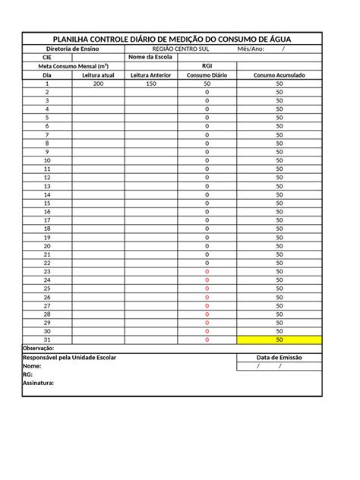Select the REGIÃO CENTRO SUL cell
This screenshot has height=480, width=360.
(181, 49)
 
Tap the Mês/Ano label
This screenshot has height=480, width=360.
(251, 49)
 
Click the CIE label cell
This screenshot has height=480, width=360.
(47, 58)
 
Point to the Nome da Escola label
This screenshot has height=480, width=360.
(150, 58)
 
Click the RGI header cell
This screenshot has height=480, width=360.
(207, 66)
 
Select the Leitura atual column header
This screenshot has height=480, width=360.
(98, 75)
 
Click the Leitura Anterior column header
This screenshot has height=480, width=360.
(150, 75)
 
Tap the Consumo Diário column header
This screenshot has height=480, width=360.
(207, 75)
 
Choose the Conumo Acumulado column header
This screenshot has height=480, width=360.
(279, 75)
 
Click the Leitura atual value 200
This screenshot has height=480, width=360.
(98, 84)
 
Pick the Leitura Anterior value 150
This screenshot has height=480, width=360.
(150, 84)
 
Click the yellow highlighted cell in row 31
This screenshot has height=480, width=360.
(279, 339)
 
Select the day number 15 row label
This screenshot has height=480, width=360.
(47, 203)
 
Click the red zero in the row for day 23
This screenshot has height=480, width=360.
(207, 271)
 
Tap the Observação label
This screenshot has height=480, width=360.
(39, 348)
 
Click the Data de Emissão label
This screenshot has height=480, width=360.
(279, 357)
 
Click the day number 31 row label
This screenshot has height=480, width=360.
(47, 339)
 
